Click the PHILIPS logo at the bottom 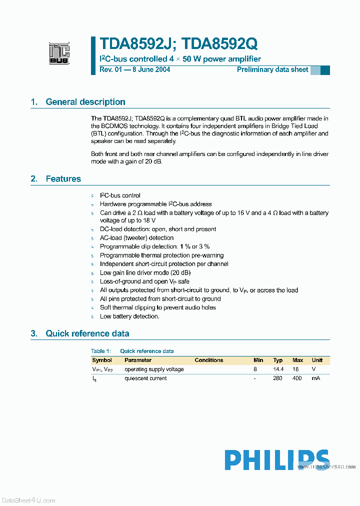click(276, 460)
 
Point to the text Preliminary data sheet click(272, 69)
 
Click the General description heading click(85, 102)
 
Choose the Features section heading click(63, 179)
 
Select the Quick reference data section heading click(87, 333)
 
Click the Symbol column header click(102, 360)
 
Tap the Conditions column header click(209, 360)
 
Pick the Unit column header click(317, 360)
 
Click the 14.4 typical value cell click(278, 369)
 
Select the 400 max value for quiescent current click(297, 378)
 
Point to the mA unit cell click(315, 378)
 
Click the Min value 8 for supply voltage click(255, 369)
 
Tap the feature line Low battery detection click(129, 316)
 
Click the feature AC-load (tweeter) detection click(136, 238)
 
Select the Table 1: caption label click(101, 351)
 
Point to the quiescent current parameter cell click(145, 378)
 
